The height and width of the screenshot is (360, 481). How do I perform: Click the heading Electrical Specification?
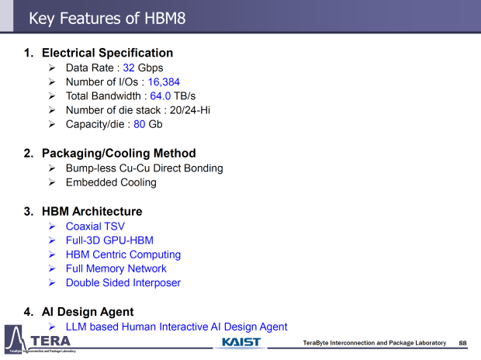pyautogui.click(x=107, y=53)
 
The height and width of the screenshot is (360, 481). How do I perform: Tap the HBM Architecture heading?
pyautogui.click(x=92, y=211)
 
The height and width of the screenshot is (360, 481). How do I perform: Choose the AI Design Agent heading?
pyautogui.click(x=85, y=312)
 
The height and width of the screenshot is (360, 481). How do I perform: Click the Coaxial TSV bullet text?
pyautogui.click(x=95, y=227)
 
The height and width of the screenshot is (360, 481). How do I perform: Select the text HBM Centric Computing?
pyautogui.click(x=123, y=254)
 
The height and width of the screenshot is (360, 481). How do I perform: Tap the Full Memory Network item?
pyautogui.click(x=116, y=268)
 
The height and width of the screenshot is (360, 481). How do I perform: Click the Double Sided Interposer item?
pyautogui.click(x=123, y=282)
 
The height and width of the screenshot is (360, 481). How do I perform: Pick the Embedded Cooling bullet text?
pyautogui.click(x=111, y=182)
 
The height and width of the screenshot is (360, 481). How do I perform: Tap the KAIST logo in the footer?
pyautogui.click(x=241, y=342)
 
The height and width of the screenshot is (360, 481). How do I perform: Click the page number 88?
pyautogui.click(x=463, y=343)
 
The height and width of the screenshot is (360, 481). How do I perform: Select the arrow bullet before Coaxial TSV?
pyautogui.click(x=51, y=227)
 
